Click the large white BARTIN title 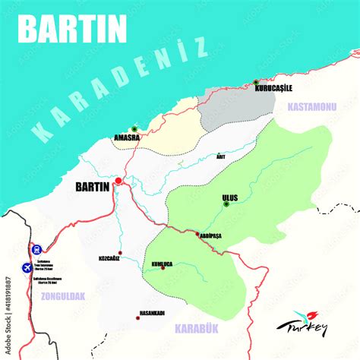pos(72,29)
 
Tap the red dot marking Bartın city pos(118,181)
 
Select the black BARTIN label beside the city pos(93,185)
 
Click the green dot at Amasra pos(134,129)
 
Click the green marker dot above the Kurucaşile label pos(256,81)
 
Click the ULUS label pos(229,197)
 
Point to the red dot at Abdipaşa pos(198,234)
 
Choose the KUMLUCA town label pos(163,264)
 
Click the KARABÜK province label pos(196,328)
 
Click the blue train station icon pos(36,248)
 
